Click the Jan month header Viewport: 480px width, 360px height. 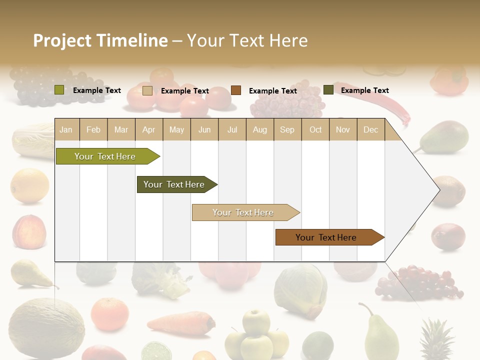pyautogui.click(x=66, y=130)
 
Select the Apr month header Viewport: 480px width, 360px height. pyautogui.click(x=149, y=130)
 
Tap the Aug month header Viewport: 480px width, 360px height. pyautogui.click(x=260, y=130)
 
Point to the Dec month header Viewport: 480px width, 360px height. pyautogui.click(x=370, y=130)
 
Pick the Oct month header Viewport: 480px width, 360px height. pyautogui.click(x=315, y=130)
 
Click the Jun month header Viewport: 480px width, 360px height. pyautogui.click(x=204, y=130)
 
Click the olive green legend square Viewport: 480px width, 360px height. pyautogui.click(x=59, y=90)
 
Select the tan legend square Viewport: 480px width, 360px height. pyautogui.click(x=147, y=90)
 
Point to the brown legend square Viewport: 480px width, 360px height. pyautogui.click(x=236, y=90)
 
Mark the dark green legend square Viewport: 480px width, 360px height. pyautogui.click(x=328, y=90)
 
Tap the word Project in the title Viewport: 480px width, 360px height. pyautogui.click(x=62, y=40)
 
